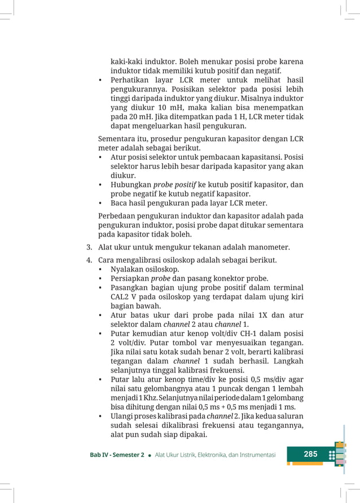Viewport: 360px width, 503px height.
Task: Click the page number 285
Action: pyautogui.click(x=310, y=454)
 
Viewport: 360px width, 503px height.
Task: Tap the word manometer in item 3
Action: pyautogui.click(x=267, y=247)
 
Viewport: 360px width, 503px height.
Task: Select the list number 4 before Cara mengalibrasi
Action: pyautogui.click(x=89, y=260)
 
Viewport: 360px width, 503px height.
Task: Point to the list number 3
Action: pyautogui.click(x=89, y=247)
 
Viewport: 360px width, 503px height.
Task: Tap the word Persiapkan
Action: pyautogui.click(x=130, y=279)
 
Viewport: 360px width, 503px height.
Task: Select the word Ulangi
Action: pyautogui.click(x=122, y=416)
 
